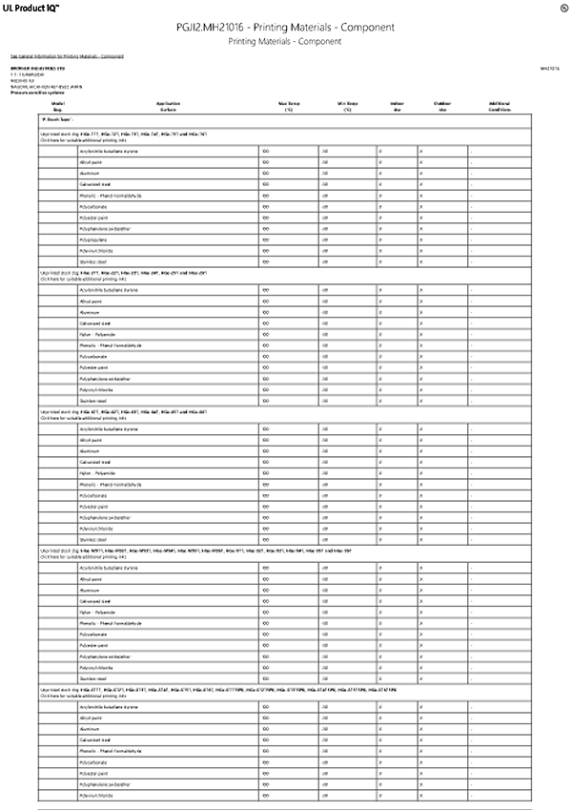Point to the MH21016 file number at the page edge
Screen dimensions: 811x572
550,69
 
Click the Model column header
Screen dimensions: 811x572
57,105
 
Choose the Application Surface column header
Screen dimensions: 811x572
168,105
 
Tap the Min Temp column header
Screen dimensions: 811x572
349,105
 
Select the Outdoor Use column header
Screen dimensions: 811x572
441,105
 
